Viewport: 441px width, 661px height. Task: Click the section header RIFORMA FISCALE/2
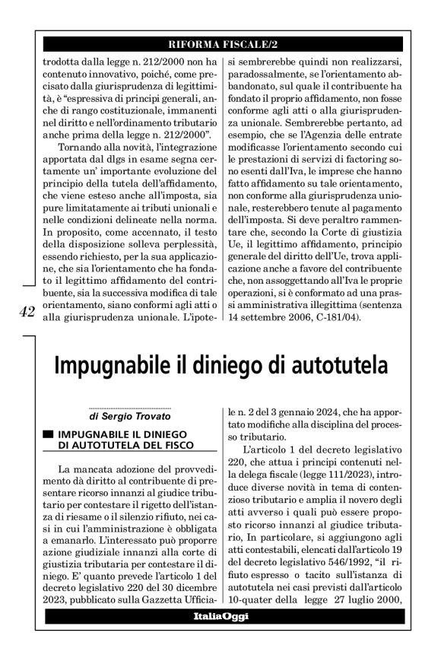coord(220,43)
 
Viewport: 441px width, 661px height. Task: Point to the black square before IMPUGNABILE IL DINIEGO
coord(49,433)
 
